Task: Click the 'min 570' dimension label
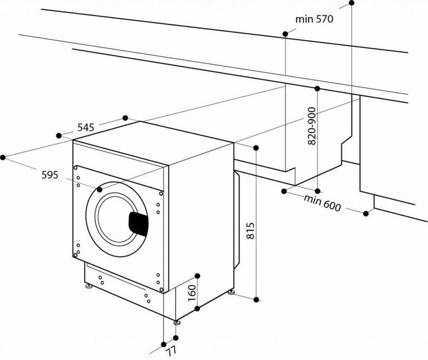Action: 314,20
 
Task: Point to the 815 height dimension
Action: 250,232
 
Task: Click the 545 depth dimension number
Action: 85,127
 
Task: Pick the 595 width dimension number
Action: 50,174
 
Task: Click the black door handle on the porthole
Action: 137,222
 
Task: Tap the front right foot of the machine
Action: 177,322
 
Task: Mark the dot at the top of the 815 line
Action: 256,148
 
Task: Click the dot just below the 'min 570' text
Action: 285,34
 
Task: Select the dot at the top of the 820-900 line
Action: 317,89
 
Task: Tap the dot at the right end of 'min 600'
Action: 366,213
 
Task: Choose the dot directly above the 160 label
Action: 197,276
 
